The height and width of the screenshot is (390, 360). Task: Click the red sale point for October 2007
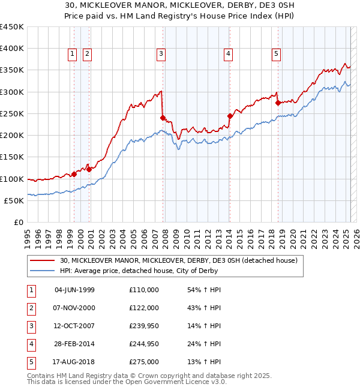[163, 118]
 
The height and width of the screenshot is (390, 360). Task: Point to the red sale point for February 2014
[230, 116]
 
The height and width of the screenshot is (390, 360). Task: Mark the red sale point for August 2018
[278, 103]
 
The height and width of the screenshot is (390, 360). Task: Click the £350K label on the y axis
[12, 70]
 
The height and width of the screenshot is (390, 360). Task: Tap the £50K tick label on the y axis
[14, 200]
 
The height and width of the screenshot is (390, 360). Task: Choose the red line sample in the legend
[43, 260]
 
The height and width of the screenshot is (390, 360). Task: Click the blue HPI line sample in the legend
[43, 271]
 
